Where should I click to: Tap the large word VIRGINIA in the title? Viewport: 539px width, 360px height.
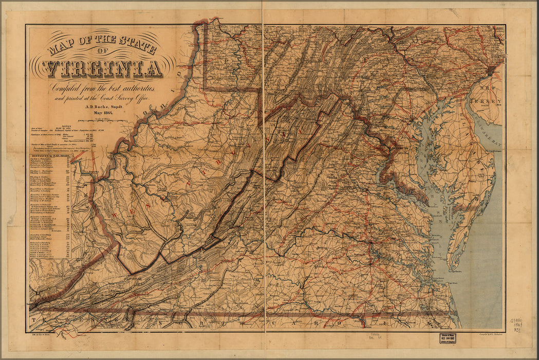click(102, 67)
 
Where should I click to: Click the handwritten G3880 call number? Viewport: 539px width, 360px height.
click(519, 320)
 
